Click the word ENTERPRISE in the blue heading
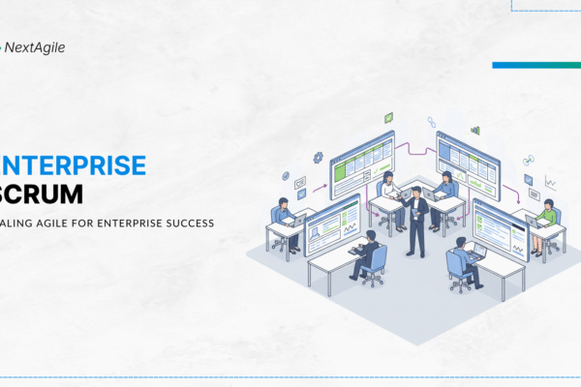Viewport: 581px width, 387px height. pyautogui.click(x=74, y=165)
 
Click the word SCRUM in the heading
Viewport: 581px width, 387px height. pyautogui.click(x=43, y=193)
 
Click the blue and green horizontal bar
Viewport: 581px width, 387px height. pyautogui.click(x=535, y=66)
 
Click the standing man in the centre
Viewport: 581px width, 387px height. pyautogui.click(x=415, y=221)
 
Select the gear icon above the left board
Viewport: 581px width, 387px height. pyautogui.click(x=318, y=157)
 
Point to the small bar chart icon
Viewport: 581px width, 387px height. pyautogui.click(x=474, y=130)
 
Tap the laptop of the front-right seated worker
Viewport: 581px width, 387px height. pyautogui.click(x=477, y=252)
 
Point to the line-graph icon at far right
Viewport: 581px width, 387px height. pyautogui.click(x=550, y=181)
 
